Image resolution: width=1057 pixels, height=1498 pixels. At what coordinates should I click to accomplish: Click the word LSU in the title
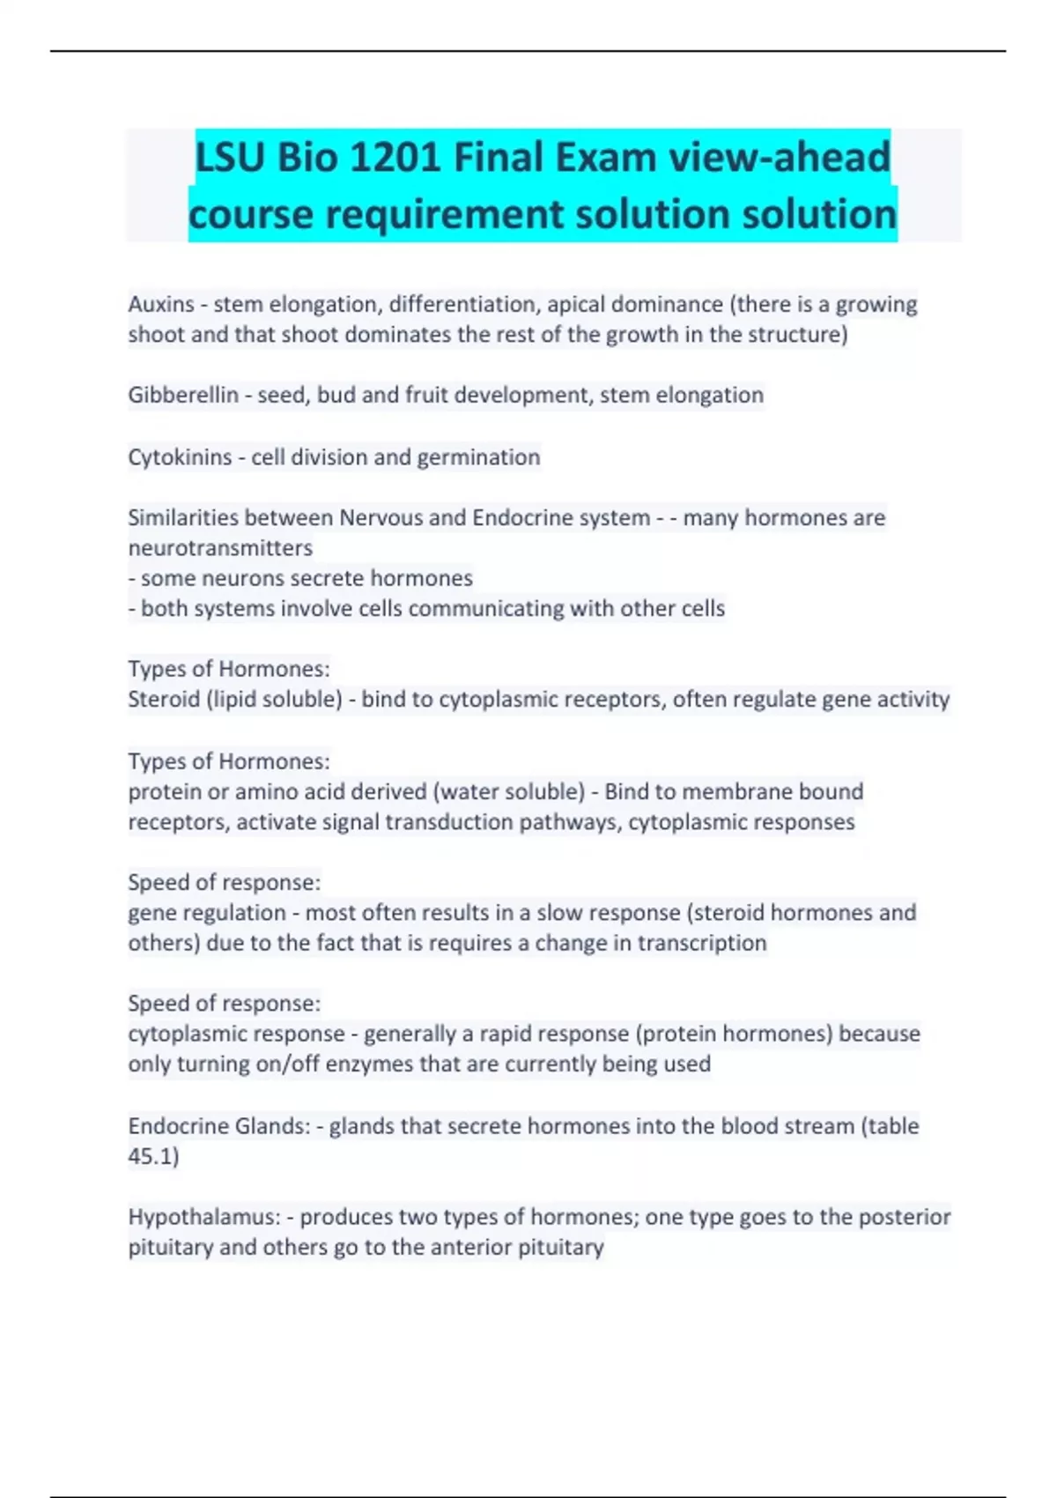pos(230,158)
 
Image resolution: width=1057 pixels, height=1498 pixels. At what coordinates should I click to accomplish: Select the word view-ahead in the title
pos(780,158)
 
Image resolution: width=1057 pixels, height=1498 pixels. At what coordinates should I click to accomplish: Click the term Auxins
pos(161,304)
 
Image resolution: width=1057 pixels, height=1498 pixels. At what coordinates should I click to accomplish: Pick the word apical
pos(576,304)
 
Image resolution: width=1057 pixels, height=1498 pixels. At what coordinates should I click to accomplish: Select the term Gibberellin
pos(183,395)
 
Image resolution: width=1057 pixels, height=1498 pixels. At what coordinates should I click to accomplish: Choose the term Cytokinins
pos(180,457)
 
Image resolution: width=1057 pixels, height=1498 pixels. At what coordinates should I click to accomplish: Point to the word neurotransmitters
pos(220,548)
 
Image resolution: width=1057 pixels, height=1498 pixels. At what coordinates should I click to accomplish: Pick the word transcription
pos(702,943)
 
